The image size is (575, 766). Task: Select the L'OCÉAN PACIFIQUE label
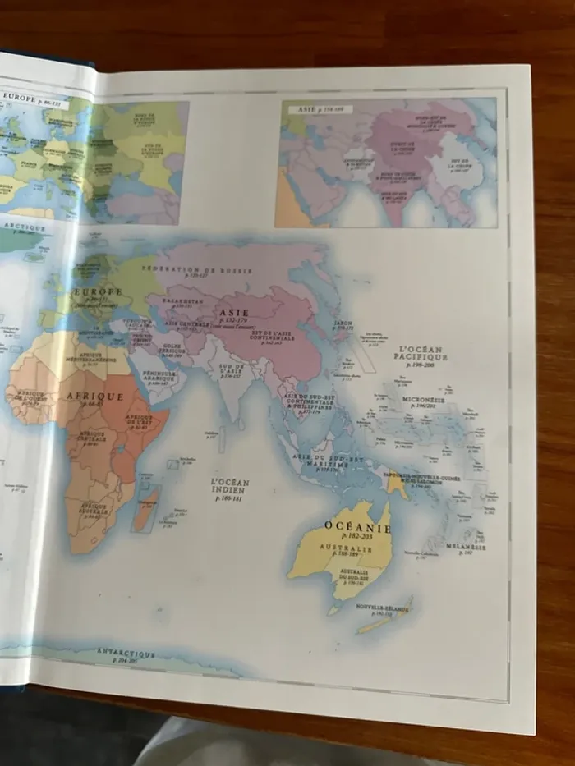(x=420, y=353)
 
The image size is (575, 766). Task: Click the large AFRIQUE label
(x=94, y=397)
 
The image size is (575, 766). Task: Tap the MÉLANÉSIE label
(x=466, y=547)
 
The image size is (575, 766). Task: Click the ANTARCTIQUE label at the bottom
(x=126, y=654)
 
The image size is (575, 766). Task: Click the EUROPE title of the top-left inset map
(x=21, y=96)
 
